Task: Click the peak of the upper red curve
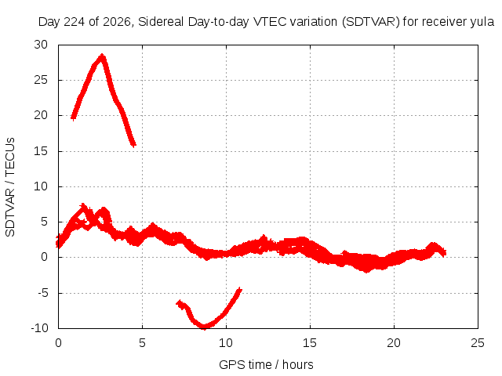102,56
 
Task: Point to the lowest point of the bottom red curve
204,327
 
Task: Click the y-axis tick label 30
41,45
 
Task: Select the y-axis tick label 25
41,80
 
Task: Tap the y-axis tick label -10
40,328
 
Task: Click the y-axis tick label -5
42,292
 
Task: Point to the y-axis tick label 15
41,151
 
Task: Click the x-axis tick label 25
478,343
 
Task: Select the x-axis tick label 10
226,343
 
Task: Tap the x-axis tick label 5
142,343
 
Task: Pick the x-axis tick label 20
394,343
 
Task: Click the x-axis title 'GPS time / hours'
266,364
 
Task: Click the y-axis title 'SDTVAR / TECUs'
10,187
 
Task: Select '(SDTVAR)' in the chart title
371,22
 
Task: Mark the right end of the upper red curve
134,144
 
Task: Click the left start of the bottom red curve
179,303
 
